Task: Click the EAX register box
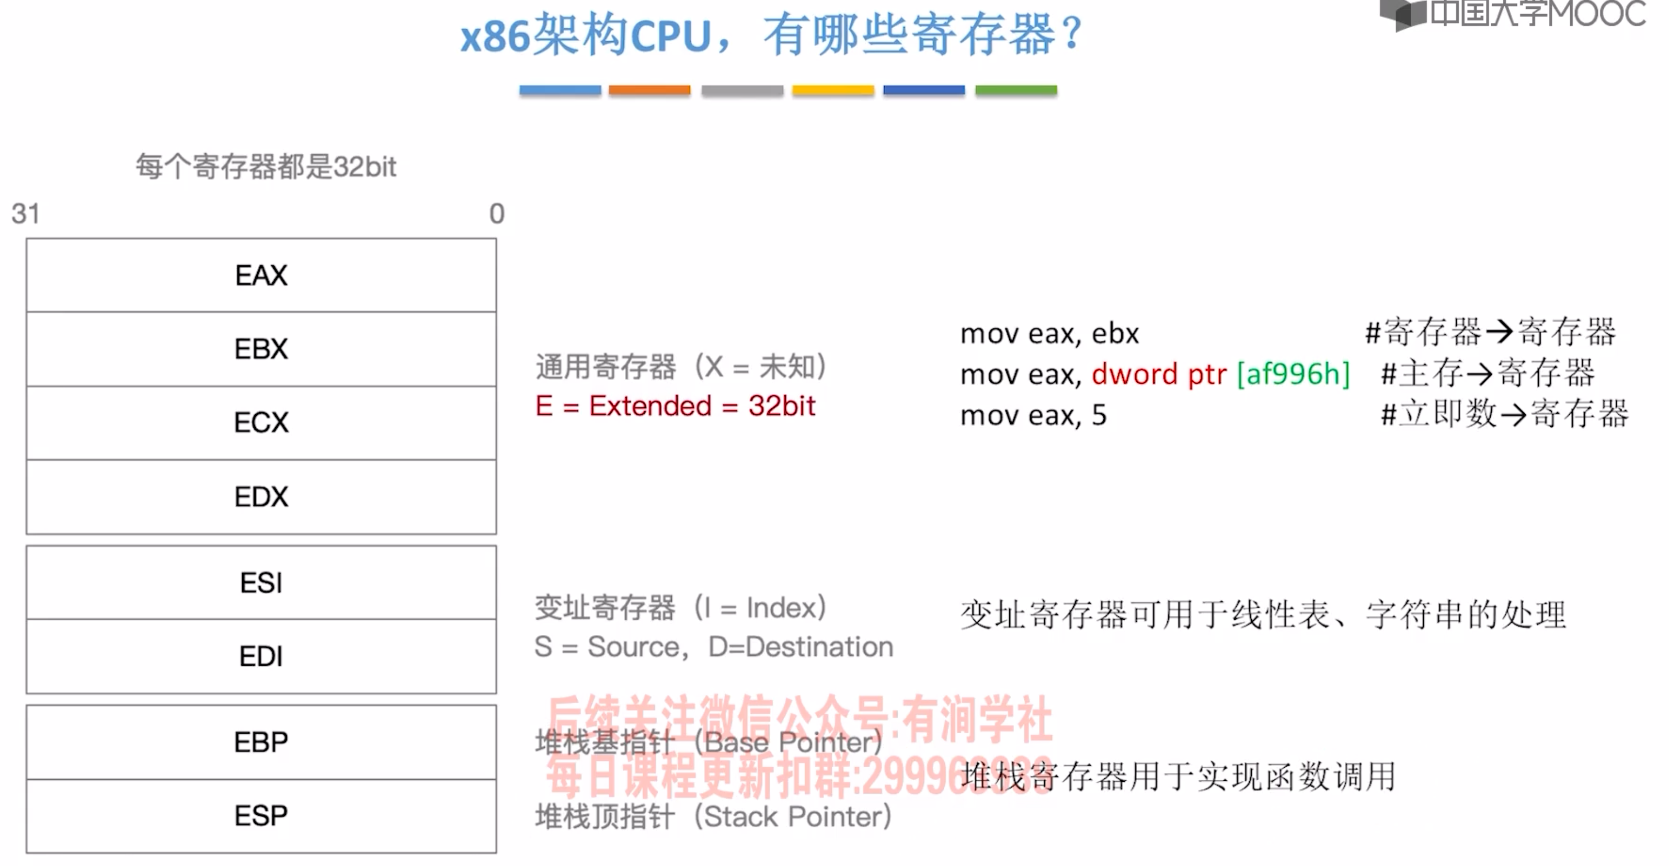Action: coord(261,276)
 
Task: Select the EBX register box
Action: coord(261,349)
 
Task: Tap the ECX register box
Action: coord(261,423)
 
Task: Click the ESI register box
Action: coord(261,583)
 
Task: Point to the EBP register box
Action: coord(261,742)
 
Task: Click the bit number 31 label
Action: coord(26,214)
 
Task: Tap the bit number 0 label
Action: coord(497,214)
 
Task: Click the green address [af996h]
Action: coord(1293,374)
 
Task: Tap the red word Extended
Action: coord(650,406)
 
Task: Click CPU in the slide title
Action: coord(670,36)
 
